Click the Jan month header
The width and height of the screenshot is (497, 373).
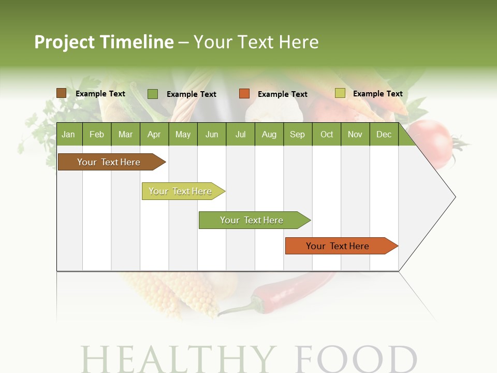coord(68,134)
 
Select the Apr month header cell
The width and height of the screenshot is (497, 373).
coord(154,134)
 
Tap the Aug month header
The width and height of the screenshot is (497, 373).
coord(269,134)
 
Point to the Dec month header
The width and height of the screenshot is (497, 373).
coord(384,134)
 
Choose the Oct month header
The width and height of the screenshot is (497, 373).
coord(327,134)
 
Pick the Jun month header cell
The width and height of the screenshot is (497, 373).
coord(211,134)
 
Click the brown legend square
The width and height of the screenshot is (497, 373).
coord(61,93)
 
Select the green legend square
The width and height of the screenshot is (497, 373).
coord(153,94)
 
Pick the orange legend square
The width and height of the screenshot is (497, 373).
coord(244,94)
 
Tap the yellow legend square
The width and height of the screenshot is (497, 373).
coord(340,93)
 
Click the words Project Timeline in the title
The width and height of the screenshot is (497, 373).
coord(104,42)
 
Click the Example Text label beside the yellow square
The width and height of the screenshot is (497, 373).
coord(377,94)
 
